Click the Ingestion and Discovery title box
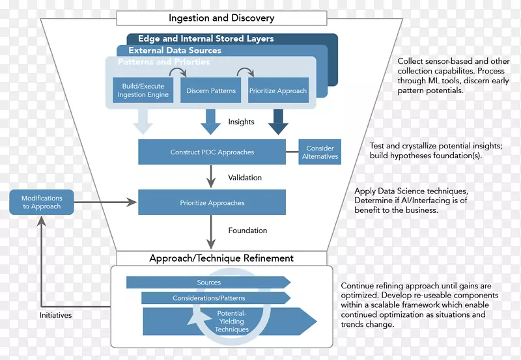[221, 18]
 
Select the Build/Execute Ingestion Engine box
[143, 90]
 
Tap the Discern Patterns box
[211, 90]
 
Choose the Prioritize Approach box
[278, 90]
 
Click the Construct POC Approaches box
[212, 152]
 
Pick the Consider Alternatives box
[320, 152]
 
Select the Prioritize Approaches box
[212, 203]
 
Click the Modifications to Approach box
[42, 202]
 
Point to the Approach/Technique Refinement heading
[221, 258]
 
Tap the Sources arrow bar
[208, 283]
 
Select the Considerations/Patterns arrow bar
[208, 298]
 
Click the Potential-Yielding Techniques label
[232, 321]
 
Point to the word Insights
[241, 122]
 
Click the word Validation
[245, 177]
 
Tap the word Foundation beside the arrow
[247, 230]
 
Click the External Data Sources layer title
[175, 50]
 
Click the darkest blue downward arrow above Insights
[278, 121]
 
